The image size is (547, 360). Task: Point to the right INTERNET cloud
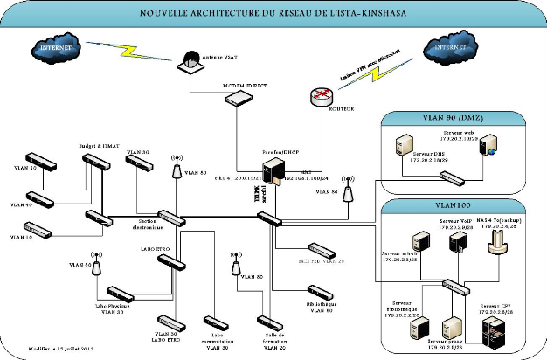coord(454,46)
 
